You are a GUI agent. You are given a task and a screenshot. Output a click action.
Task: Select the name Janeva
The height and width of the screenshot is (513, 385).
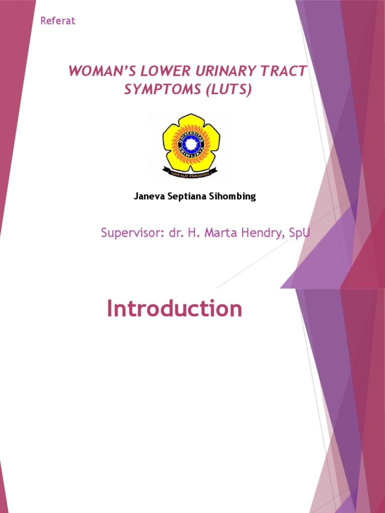[x=149, y=196]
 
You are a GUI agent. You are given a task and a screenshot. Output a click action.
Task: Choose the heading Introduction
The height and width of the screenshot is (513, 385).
[x=174, y=309]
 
